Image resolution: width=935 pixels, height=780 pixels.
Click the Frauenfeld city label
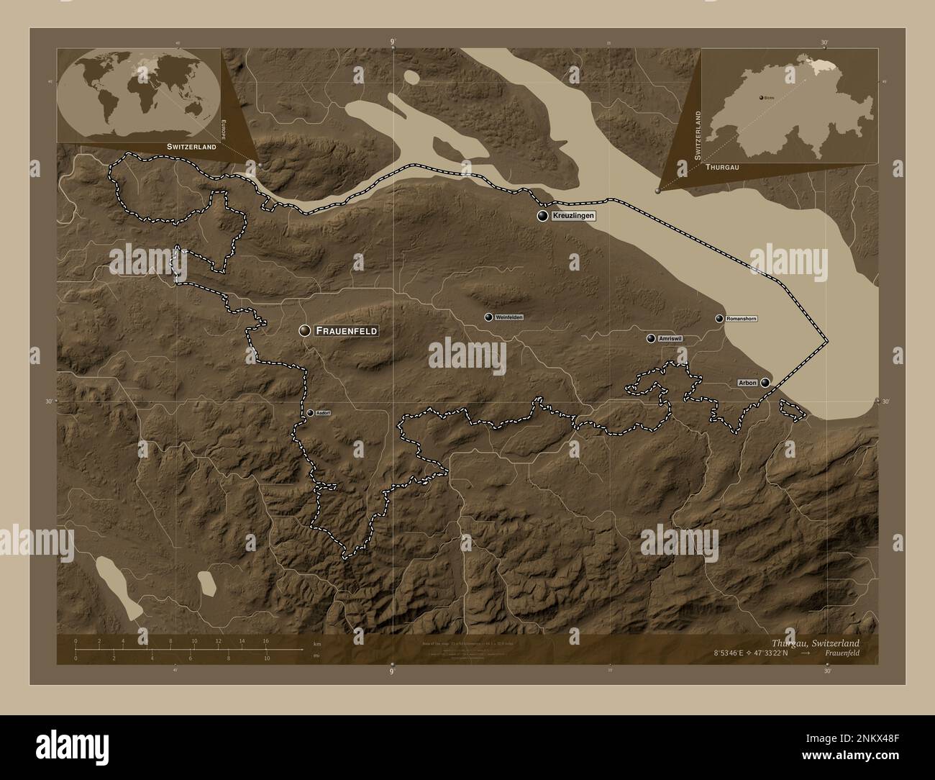(346, 330)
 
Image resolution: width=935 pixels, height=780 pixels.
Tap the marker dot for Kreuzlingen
(542, 216)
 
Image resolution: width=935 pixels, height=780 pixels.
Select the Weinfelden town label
(509, 317)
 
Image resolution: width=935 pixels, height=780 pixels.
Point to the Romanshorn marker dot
(719, 318)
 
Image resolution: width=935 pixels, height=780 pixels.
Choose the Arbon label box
(747, 383)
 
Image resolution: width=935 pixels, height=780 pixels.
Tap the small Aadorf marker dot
(310, 413)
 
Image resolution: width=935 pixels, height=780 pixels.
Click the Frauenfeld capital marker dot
(305, 330)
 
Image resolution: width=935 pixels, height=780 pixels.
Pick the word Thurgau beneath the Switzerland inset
(723, 166)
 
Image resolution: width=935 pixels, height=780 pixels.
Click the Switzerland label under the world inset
(191, 146)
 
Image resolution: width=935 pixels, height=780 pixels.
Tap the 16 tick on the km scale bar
(265, 641)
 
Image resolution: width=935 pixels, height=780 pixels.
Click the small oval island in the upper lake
(411, 76)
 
